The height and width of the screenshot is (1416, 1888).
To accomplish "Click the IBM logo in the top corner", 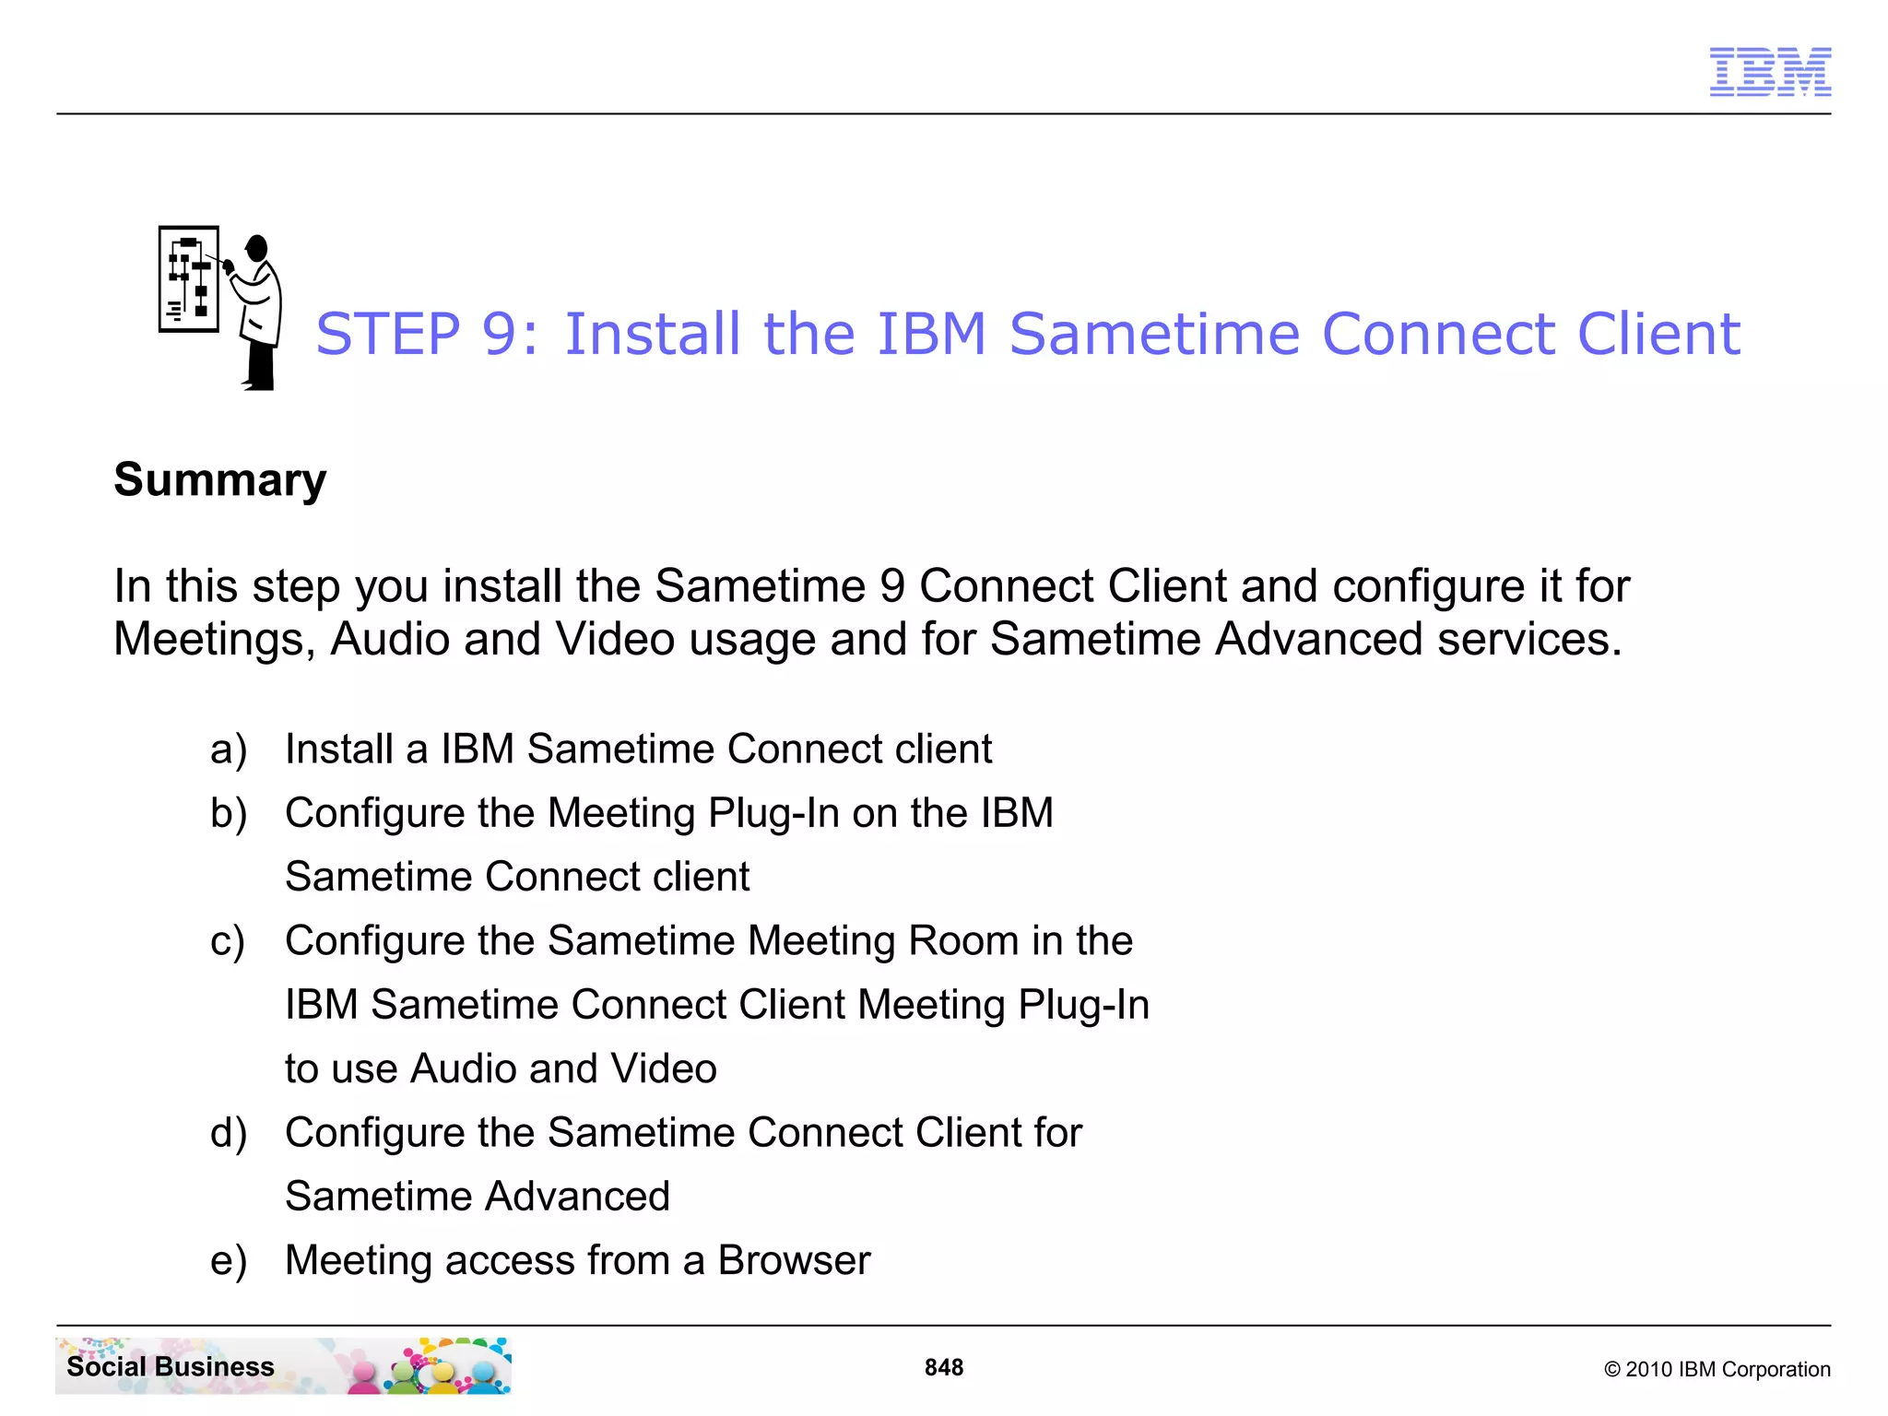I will click(1770, 72).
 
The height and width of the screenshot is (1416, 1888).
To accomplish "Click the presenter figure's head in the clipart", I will click(257, 248).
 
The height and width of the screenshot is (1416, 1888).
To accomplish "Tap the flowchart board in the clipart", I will click(189, 278).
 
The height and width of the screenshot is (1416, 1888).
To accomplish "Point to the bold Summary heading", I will click(220, 479).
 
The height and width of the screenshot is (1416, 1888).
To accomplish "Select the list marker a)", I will click(229, 749).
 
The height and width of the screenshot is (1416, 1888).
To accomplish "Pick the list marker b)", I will click(229, 814).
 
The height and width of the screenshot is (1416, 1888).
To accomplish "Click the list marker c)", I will click(228, 941).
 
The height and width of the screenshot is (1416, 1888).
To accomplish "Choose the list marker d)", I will click(229, 1133).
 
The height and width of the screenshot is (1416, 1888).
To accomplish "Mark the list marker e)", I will click(229, 1261).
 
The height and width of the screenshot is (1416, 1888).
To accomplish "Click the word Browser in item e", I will click(794, 1260).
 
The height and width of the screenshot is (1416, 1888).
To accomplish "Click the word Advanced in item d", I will click(577, 1197).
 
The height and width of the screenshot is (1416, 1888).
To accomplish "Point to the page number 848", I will click(944, 1367).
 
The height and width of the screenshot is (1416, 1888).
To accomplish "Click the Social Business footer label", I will click(171, 1366).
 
